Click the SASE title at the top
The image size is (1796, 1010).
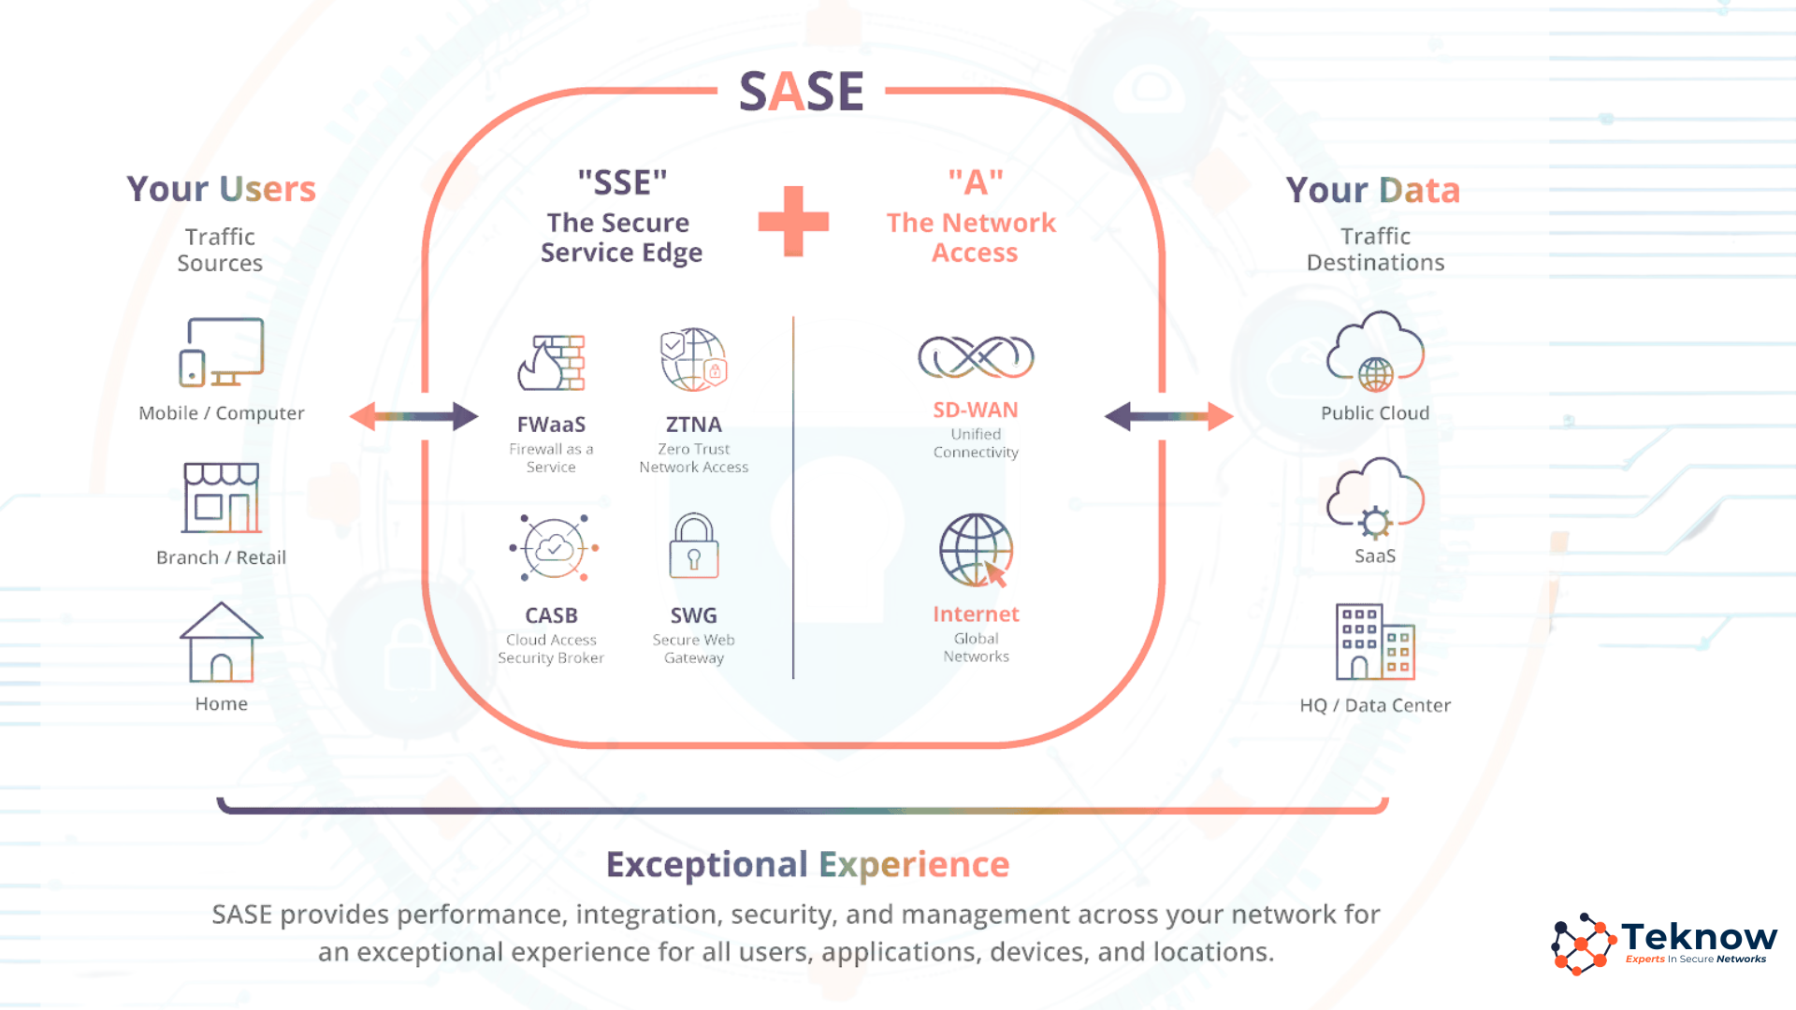(x=802, y=92)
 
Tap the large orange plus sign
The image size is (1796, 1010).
(x=793, y=222)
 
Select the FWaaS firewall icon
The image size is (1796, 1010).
(x=551, y=363)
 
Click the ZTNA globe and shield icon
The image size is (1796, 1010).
(x=693, y=359)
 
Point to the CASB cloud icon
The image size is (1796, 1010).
(x=554, y=548)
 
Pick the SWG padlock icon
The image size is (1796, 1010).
(x=693, y=546)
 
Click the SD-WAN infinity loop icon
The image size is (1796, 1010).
(x=976, y=356)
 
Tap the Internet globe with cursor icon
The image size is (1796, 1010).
(x=976, y=550)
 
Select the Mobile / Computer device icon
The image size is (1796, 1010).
(x=222, y=352)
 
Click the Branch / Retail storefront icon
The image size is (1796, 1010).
(x=222, y=498)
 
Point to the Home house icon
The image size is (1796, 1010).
(x=222, y=642)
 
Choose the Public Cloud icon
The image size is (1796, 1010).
(x=1375, y=352)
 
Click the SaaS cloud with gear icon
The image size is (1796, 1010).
(x=1375, y=498)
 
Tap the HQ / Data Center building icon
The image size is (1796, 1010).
(x=1375, y=642)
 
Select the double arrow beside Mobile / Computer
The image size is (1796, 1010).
(x=413, y=416)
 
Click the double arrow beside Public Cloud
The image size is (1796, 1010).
(x=1168, y=416)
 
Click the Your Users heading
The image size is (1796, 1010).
(x=222, y=189)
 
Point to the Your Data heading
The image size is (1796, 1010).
(x=1373, y=190)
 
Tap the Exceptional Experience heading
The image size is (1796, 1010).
(x=808, y=865)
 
